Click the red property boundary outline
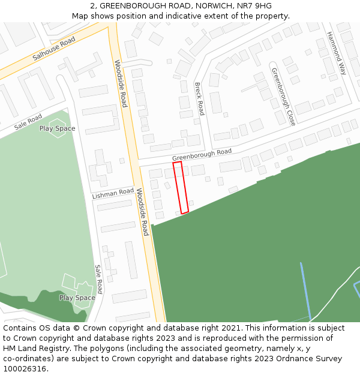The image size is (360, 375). (181, 187)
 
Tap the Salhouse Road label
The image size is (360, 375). (54, 49)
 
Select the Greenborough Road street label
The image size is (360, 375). (202, 155)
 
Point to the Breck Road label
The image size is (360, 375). (200, 98)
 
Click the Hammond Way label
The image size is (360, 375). (336, 53)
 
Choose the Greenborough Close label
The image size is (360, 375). (283, 97)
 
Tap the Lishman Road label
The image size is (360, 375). (113, 194)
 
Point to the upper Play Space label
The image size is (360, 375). (57, 128)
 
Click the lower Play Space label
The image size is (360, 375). (77, 298)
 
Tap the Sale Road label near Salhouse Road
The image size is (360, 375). (28, 122)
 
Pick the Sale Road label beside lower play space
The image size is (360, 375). (99, 279)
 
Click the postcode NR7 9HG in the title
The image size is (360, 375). (254, 6)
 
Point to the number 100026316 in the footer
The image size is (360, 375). (26, 368)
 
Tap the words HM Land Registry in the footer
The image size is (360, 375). (33, 348)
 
